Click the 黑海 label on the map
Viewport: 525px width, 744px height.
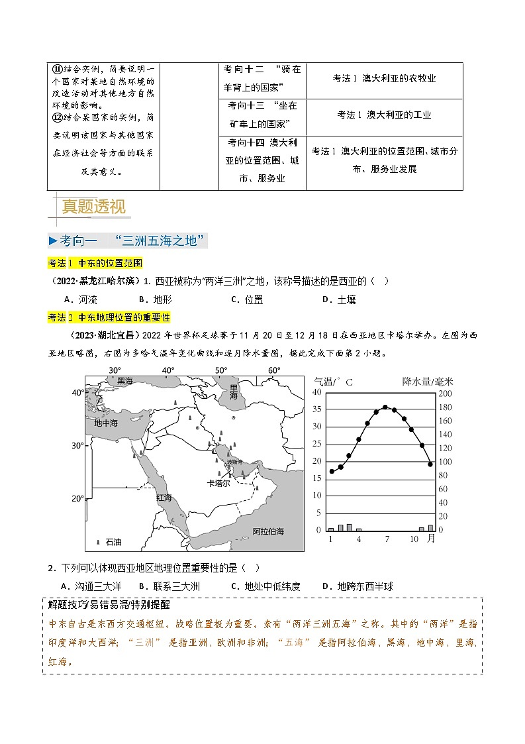(x=125, y=381)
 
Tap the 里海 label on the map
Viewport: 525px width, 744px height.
(x=234, y=391)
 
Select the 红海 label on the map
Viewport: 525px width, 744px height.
(x=164, y=497)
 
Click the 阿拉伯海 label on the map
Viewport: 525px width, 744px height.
(x=268, y=531)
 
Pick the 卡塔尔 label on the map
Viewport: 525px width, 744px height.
(x=218, y=484)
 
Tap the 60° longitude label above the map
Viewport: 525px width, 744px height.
(x=274, y=370)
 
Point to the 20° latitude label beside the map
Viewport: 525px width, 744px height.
(x=77, y=498)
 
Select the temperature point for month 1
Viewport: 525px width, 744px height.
(x=332, y=472)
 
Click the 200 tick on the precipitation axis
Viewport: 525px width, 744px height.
(x=444, y=392)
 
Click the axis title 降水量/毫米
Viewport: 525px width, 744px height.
(x=428, y=381)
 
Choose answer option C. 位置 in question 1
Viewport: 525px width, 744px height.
(x=247, y=299)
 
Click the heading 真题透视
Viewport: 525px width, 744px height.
(x=93, y=207)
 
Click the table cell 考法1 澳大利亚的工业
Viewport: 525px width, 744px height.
(x=384, y=115)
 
